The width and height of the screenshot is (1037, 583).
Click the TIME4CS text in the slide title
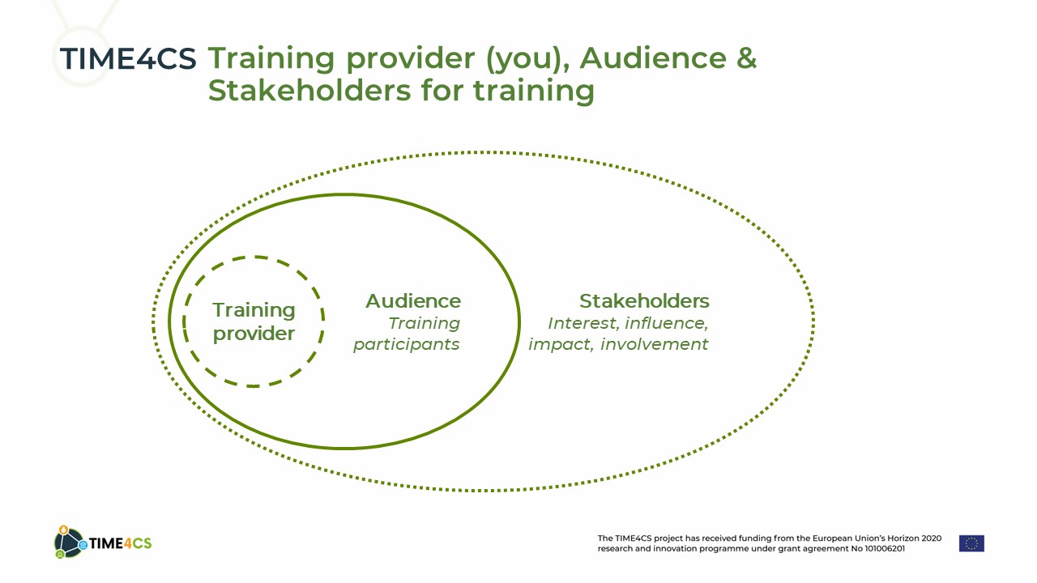(128, 59)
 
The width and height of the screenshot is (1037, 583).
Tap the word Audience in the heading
(653, 58)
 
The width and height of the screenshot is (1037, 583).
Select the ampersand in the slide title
(746, 58)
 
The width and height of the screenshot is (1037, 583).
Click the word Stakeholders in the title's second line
(309, 90)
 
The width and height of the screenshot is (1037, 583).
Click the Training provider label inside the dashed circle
(254, 321)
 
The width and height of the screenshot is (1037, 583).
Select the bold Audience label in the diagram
(413, 301)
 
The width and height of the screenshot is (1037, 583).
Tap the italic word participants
(407, 345)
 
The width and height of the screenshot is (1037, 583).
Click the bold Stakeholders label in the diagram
(644, 301)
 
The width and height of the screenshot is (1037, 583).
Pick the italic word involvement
(654, 344)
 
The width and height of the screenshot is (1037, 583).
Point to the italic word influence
(666, 323)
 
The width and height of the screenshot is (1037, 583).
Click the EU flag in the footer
(971, 543)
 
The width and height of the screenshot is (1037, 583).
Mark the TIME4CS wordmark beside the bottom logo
(120, 543)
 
